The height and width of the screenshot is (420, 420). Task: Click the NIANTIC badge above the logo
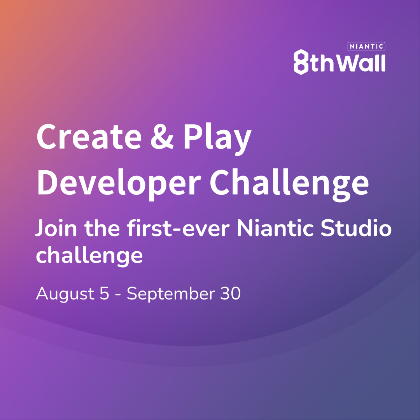(366, 47)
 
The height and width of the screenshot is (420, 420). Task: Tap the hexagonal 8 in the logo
(301, 61)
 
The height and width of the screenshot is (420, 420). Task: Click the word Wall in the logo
(361, 62)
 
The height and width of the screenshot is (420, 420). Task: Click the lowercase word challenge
(89, 255)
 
